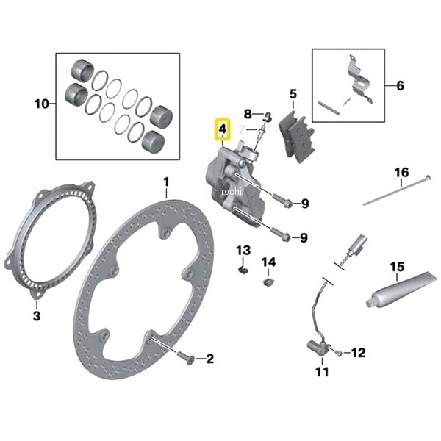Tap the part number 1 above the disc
166,182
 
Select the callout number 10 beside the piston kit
41,104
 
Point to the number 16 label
401,173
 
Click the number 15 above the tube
397,266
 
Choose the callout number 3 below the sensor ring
37,317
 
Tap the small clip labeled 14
269,279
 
